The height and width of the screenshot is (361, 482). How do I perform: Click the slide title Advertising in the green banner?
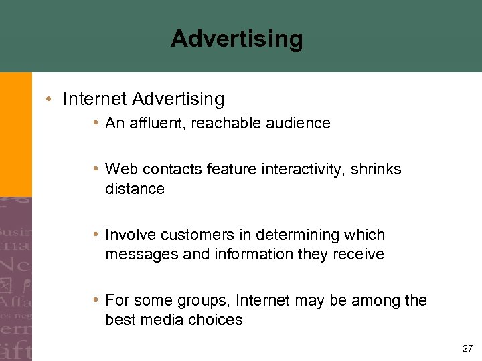[x=236, y=39]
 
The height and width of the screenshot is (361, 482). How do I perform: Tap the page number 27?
[x=467, y=348]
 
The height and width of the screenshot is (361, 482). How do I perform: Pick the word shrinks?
[x=378, y=169]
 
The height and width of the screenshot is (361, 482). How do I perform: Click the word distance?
[x=135, y=189]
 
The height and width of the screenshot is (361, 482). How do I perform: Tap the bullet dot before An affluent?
[x=97, y=124]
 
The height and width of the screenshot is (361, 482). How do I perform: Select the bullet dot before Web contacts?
[x=97, y=170]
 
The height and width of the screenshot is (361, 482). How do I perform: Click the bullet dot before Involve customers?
[x=97, y=235]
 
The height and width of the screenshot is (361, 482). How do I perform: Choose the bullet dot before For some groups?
[x=97, y=301]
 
